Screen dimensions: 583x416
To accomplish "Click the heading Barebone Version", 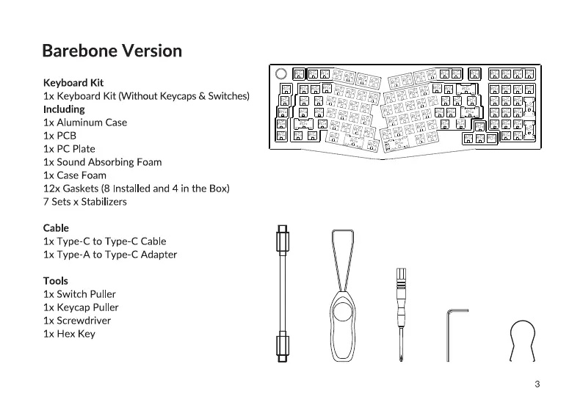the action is pos(112,51).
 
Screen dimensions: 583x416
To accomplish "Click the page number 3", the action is pos(537,384).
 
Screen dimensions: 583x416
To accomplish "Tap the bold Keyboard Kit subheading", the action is pos(73,83).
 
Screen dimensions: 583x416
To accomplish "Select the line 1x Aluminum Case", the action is pos(84,123).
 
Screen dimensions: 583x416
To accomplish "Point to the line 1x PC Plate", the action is pos(69,149).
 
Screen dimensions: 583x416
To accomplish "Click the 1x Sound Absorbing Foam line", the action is pos(102,162).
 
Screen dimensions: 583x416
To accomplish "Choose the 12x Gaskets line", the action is pos(136,189).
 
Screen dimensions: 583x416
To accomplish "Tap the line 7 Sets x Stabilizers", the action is pos(84,202).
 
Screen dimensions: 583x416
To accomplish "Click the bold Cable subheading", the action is pos(56,228).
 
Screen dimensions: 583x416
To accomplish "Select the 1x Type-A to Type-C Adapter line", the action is pos(109,255).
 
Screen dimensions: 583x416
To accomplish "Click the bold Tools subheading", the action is pos(55,281).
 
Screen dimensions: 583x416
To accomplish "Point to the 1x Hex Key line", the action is pos(69,334).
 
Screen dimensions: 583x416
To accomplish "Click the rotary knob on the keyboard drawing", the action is pos(280,74).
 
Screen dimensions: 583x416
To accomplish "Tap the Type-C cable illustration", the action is pos(282,293).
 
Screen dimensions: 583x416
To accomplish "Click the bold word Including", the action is pos(64,109).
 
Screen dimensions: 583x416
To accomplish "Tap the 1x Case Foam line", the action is pos(74,175).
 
